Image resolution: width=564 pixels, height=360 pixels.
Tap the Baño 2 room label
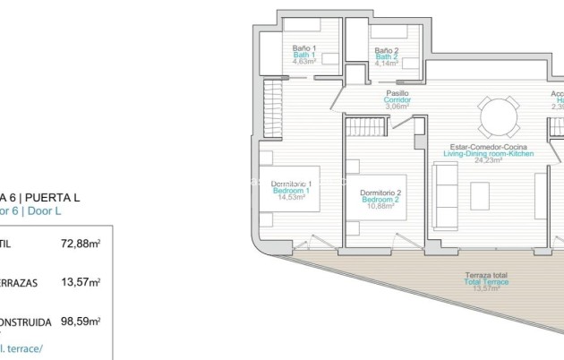pos(387,50)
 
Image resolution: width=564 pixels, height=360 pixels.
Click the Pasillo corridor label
pos(398,92)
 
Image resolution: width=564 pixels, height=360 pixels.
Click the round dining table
pos(498,116)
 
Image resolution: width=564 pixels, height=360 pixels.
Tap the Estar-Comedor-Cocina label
pos(488,147)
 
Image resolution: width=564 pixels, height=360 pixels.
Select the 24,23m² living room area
pos(488,161)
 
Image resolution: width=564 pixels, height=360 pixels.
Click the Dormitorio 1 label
pos(291,184)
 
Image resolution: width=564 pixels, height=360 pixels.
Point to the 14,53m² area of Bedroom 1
pos(291,198)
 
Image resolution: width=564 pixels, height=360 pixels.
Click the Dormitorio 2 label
pos(380,193)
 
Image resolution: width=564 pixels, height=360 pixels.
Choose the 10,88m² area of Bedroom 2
pos(380,207)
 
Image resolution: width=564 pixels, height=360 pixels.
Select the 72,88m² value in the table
pos(80,243)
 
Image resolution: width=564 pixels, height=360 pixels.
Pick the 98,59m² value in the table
pos(80,320)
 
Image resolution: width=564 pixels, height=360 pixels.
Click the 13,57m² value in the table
pos(80,281)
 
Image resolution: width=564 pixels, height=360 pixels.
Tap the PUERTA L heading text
pos(55,197)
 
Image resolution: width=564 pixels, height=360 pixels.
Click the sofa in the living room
pos(445,195)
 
